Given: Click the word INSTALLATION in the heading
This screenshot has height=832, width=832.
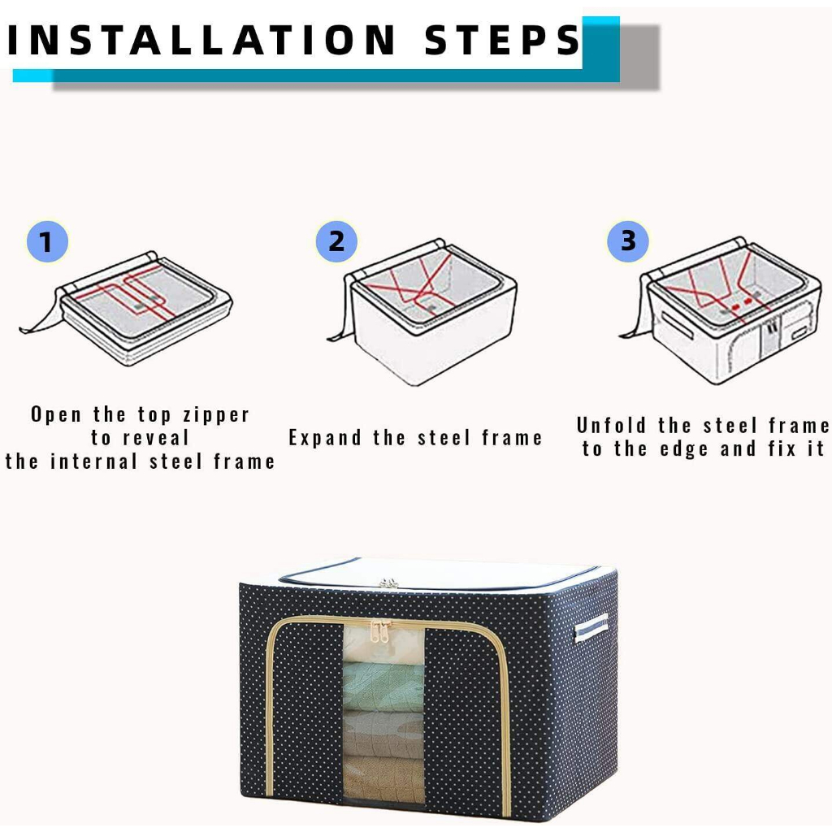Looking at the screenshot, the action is (x=201, y=41).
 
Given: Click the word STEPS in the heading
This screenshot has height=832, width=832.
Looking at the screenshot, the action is (x=502, y=41).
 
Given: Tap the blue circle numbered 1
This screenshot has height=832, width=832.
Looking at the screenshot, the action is (x=47, y=242).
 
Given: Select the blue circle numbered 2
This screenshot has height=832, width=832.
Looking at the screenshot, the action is (x=336, y=241).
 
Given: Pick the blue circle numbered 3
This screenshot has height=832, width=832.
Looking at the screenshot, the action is (x=628, y=241).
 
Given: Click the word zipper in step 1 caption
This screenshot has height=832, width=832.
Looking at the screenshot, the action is (x=216, y=415).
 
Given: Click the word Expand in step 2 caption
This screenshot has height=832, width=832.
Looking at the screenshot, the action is (x=325, y=438).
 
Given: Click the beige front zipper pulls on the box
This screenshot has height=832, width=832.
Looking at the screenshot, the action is (x=380, y=631).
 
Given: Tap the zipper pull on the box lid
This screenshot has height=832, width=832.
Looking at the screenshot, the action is (x=389, y=583).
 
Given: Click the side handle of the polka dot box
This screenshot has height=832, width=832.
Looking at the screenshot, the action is (x=591, y=628).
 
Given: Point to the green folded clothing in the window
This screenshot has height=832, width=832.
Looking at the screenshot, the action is (x=383, y=687).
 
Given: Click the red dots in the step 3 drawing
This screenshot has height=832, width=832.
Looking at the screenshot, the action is (x=741, y=304).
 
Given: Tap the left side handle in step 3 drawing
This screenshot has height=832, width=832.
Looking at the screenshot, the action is (x=677, y=324).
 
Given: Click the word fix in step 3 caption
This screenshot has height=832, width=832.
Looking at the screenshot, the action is (x=782, y=449).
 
